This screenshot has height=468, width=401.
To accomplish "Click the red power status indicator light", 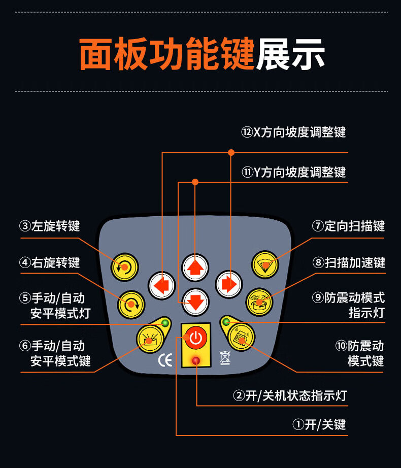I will [195, 361].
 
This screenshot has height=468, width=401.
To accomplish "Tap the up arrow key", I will [195, 268].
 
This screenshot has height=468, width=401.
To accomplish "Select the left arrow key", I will [162, 285].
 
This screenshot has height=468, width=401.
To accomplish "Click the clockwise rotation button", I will [132, 305].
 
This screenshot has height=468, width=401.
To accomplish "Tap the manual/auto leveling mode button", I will [149, 338].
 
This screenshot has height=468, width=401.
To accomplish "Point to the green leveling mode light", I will [164, 323].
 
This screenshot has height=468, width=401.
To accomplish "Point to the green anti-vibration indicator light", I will [226, 322].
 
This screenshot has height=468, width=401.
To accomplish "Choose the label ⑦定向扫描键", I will [349, 226].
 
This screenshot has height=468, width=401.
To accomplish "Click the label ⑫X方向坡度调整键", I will [293, 132].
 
